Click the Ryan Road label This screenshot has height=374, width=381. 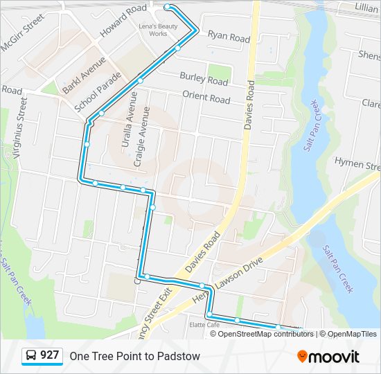(x=229, y=37)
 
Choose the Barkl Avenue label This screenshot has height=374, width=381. (x=84, y=75)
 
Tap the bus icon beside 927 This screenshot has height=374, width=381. (x=30, y=356)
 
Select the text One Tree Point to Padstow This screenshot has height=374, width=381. (x=134, y=356)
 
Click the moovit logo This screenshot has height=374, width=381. (x=328, y=357)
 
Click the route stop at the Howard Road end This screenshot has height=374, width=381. (x=168, y=7)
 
